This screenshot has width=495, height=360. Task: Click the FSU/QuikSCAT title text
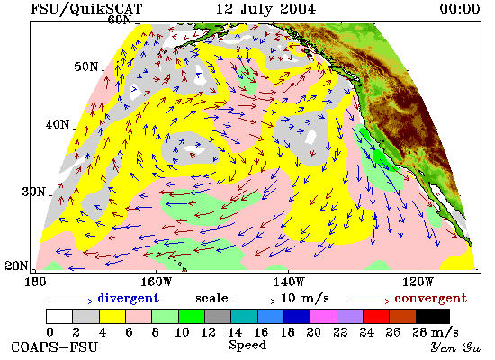point(86,8)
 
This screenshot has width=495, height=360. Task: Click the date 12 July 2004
point(265,8)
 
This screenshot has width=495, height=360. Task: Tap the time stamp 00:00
point(460,8)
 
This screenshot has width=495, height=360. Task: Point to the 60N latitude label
point(120,20)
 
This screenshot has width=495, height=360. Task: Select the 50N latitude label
point(86,67)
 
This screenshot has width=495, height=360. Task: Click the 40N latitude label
point(58,124)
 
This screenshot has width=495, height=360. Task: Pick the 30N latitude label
point(33,192)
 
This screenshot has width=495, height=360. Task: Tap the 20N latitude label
point(16,265)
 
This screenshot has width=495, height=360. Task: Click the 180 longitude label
point(35,282)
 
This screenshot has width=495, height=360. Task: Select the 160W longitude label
point(157,282)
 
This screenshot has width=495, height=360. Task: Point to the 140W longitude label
point(289,282)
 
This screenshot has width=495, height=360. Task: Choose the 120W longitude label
point(418,282)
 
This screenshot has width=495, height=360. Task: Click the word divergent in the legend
point(128,298)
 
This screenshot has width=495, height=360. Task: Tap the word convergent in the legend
point(430,299)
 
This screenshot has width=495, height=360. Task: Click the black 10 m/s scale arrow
point(255,301)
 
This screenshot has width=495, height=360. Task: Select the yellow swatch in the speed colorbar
point(112,317)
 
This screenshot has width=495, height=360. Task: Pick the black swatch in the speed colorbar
point(433,317)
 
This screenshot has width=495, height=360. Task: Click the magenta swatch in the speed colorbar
point(324,317)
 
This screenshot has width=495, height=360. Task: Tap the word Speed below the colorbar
point(247,345)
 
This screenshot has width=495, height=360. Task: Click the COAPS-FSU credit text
point(54,347)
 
